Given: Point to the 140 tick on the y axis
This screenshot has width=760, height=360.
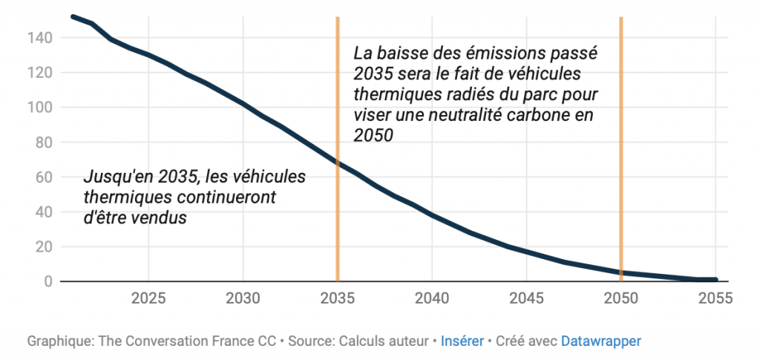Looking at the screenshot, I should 39,38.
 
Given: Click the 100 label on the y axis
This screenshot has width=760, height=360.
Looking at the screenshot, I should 39,108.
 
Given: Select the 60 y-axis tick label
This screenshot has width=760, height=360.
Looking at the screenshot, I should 43,177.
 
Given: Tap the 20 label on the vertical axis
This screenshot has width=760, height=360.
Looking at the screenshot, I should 43,247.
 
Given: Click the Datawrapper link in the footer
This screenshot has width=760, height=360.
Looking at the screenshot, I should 601,341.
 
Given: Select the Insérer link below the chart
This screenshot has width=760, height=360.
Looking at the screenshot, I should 462,341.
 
